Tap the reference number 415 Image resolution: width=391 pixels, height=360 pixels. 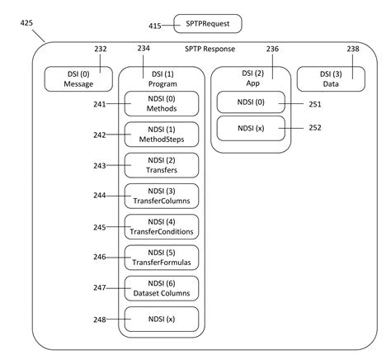click(x=153, y=26)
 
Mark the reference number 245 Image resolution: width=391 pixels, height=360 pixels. click(x=100, y=227)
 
